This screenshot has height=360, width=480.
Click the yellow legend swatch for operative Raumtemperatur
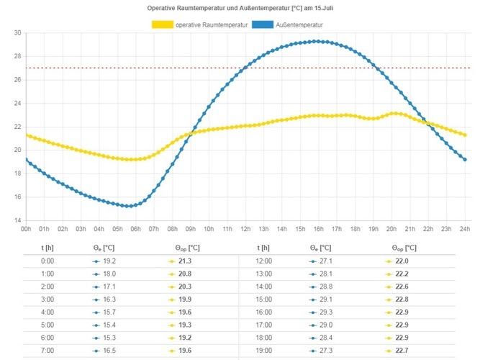(x=162, y=24)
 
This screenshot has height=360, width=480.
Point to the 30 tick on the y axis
(x=17, y=33)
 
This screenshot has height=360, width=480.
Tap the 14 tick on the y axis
(x=17, y=220)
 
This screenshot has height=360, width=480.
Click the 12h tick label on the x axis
(x=245, y=229)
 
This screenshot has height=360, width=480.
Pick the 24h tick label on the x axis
(x=465, y=229)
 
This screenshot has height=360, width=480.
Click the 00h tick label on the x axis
(x=26, y=229)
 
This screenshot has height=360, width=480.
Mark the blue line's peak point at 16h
(x=319, y=41)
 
